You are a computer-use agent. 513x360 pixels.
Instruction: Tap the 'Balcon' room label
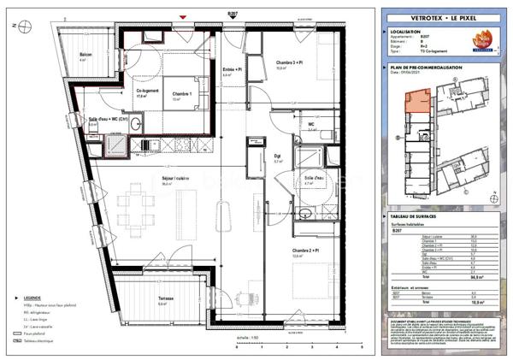[x=84, y=53]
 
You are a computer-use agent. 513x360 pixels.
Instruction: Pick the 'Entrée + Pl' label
[x=231, y=69]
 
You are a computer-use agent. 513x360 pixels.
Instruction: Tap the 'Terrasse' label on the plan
[x=166, y=298]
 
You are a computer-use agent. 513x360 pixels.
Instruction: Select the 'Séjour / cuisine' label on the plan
[x=168, y=177]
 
